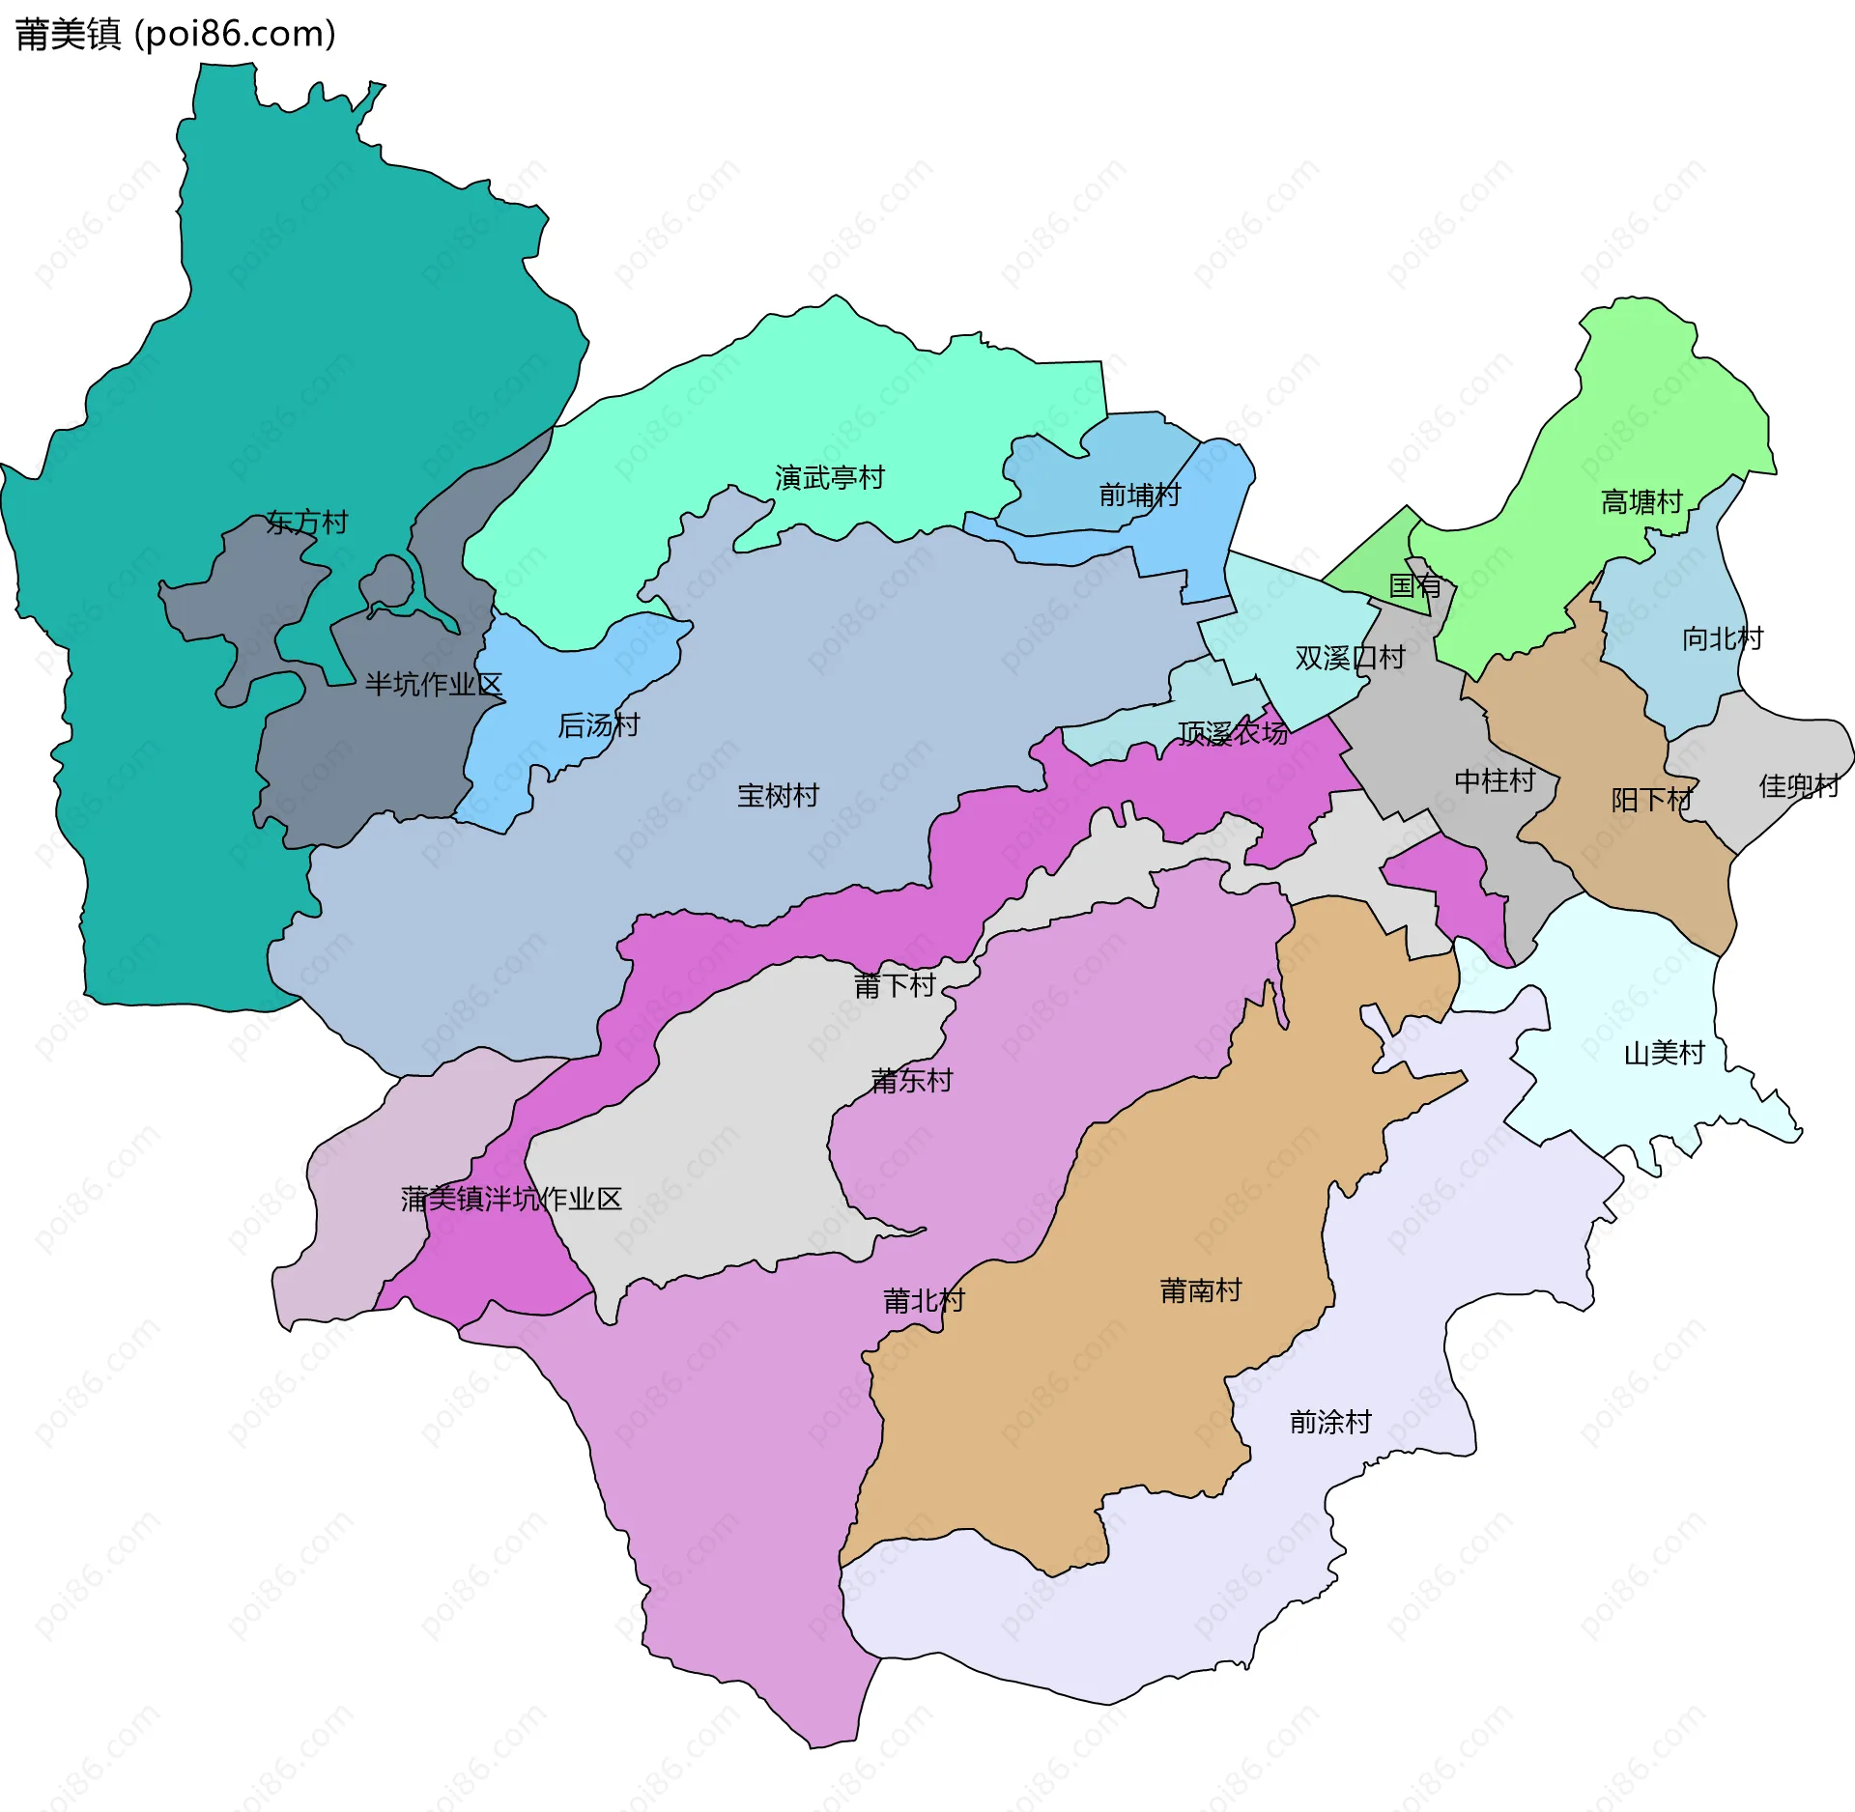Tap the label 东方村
[307, 523]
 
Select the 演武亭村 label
[829, 477]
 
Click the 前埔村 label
[1139, 495]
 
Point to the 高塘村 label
[1641, 502]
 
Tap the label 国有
[1414, 585]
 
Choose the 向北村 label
[1723, 638]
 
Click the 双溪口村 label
[1350, 658]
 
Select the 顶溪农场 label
[1233, 734]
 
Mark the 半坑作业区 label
[434, 685]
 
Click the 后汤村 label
[598, 725]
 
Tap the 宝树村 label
[778, 796]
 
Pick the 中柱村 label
[1495, 780]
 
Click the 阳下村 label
[1651, 800]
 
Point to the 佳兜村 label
[1799, 786]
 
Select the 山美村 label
[1664, 1053]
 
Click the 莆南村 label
[1200, 1290]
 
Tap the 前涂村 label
[1330, 1422]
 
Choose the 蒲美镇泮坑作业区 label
[511, 1199]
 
